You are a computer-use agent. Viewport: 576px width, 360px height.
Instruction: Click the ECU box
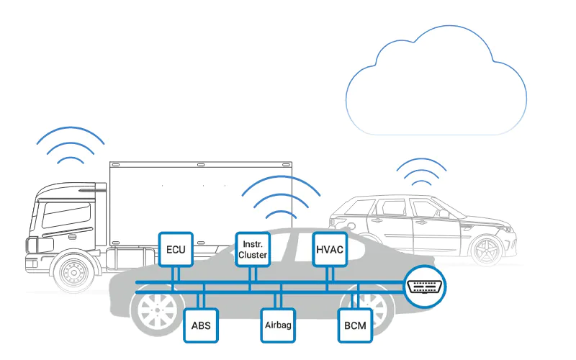click(176, 250)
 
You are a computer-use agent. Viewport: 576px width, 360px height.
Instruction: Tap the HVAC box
click(330, 250)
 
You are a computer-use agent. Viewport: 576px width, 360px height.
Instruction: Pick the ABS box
click(200, 325)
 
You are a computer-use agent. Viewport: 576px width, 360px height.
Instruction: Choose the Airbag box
click(277, 325)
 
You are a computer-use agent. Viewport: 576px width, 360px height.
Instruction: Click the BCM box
click(355, 325)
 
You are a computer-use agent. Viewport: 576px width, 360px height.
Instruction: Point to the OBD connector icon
click(426, 286)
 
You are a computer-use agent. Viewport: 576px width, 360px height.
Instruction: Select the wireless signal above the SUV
click(420, 173)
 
